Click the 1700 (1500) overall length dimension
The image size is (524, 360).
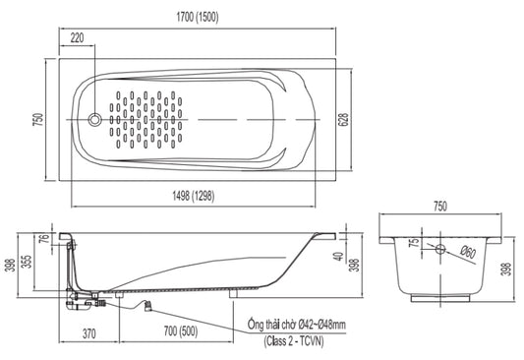tap(198, 17)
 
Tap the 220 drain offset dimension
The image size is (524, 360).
tap(77, 37)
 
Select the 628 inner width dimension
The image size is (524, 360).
tap(344, 120)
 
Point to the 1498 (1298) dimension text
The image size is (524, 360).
tap(194, 196)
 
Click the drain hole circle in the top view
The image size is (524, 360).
tap(94, 119)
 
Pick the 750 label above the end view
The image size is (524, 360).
tap(440, 207)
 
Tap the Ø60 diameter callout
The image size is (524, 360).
tap(468, 252)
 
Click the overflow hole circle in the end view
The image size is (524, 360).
tap(440, 249)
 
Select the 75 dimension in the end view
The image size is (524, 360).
tap(415, 242)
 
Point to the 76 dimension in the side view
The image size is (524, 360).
tap(45, 238)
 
